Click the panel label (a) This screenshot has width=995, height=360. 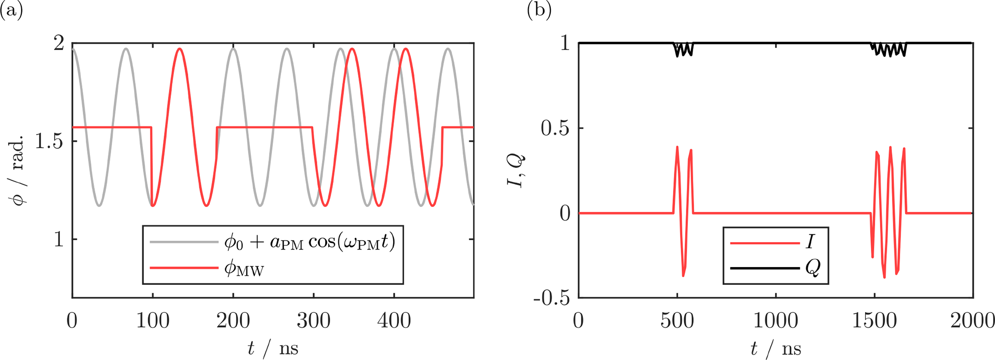pos(12,10)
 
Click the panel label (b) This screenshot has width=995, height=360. pos(539,10)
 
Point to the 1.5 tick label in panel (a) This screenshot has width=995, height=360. pos(50,141)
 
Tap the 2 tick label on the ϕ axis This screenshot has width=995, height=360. pos(58,44)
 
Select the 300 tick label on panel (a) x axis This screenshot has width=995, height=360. pos(313,321)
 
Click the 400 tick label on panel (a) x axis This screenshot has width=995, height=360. pos(394,321)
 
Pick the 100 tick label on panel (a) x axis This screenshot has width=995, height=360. pos(153,321)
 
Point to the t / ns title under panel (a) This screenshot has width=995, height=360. pos(273,347)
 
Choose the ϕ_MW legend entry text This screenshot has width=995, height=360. pos(244,268)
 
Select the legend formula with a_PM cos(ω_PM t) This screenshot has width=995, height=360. pos(310,242)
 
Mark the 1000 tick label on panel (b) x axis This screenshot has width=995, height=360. pos(775,321)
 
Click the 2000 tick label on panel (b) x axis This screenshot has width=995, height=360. pos(972,321)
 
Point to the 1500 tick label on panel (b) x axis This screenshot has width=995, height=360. pos(874,321)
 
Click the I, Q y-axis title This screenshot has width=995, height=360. pos(518,171)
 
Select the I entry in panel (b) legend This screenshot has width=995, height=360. pos(810,242)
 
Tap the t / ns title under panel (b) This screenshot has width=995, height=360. pos(775,347)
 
